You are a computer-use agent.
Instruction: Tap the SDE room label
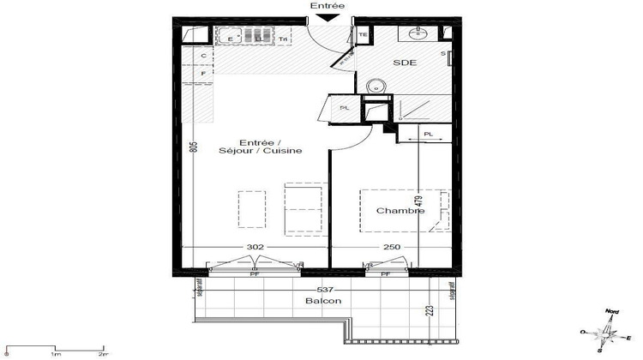point(406,63)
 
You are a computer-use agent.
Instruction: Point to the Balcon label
point(322,301)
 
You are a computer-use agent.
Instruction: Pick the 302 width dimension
point(255,247)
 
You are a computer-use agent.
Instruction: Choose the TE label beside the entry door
point(363,35)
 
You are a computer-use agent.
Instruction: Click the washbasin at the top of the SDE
point(421,33)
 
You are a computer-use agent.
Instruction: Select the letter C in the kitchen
point(203,57)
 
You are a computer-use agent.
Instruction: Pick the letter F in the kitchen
point(203,75)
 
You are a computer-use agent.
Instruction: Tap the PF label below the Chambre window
point(386,274)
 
